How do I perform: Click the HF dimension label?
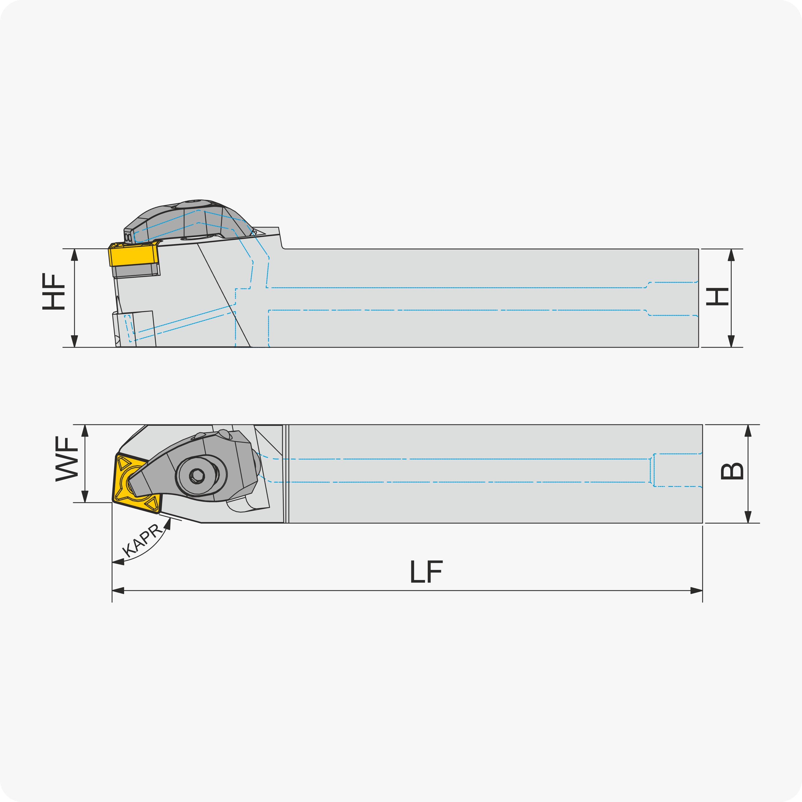tap(54, 292)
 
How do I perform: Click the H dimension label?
tap(717, 297)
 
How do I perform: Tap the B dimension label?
tap(732, 471)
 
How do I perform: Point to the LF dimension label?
tap(426, 572)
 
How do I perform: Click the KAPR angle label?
tap(142, 540)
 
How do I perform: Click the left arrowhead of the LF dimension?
tap(118, 590)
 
